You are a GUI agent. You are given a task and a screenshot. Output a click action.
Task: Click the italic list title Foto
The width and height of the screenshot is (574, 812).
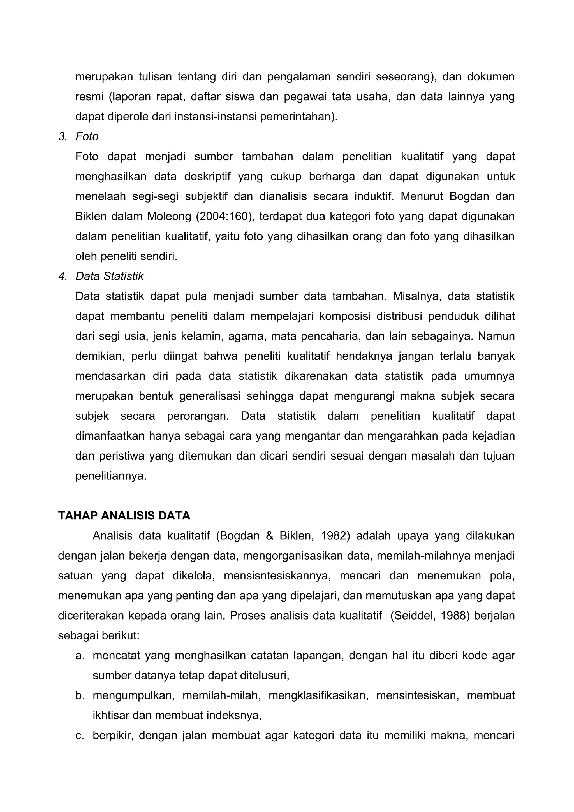point(87,136)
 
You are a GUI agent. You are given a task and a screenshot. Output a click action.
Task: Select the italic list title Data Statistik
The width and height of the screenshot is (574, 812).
point(110,276)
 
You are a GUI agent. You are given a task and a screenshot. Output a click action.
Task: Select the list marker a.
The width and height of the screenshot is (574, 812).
point(80,656)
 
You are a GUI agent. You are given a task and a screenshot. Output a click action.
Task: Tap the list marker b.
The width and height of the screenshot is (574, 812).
point(80,696)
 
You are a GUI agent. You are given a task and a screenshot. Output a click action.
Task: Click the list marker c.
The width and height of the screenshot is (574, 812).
point(80,736)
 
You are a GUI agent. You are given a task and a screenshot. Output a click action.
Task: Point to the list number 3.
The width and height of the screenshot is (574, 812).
point(63,136)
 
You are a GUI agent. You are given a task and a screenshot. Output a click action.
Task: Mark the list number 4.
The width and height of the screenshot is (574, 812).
point(63,276)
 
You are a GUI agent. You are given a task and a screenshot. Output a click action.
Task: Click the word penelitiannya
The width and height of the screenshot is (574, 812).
point(111,476)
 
